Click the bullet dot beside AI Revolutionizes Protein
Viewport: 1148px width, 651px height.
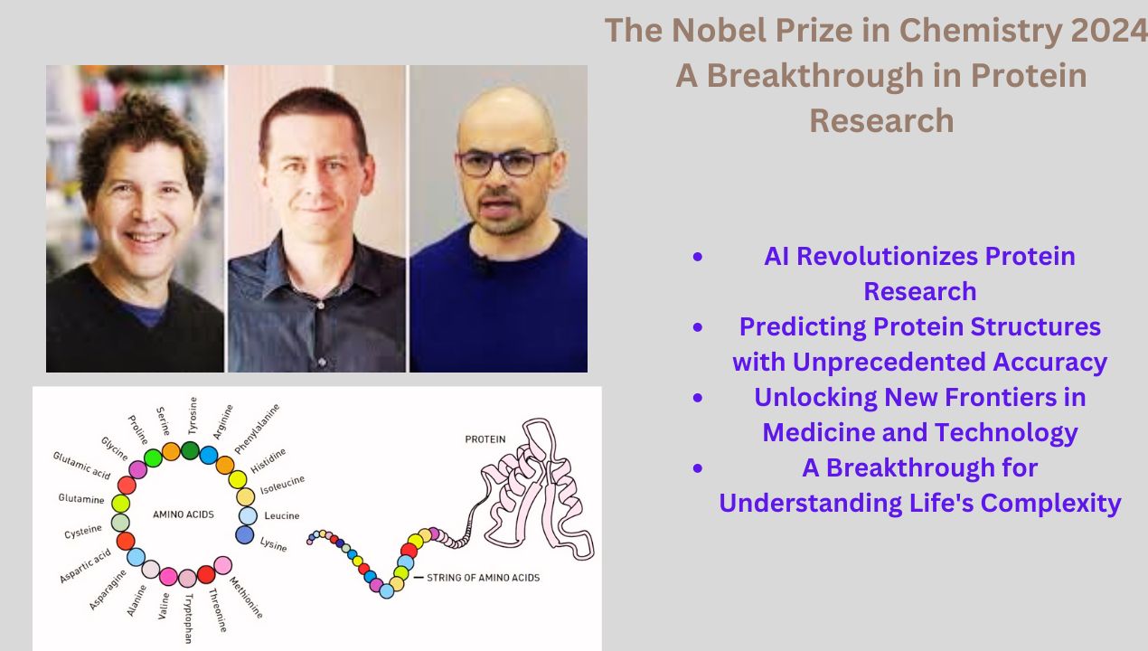tap(697, 258)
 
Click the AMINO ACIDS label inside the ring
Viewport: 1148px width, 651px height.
tap(183, 514)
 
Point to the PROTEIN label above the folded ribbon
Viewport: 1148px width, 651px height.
tap(485, 439)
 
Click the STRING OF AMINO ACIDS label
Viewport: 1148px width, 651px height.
tap(483, 577)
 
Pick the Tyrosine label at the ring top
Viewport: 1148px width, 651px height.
tap(192, 416)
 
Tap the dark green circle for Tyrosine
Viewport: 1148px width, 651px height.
tap(190, 449)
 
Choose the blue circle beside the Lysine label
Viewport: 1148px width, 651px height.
tap(244, 534)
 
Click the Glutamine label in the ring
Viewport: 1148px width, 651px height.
tap(81, 499)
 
